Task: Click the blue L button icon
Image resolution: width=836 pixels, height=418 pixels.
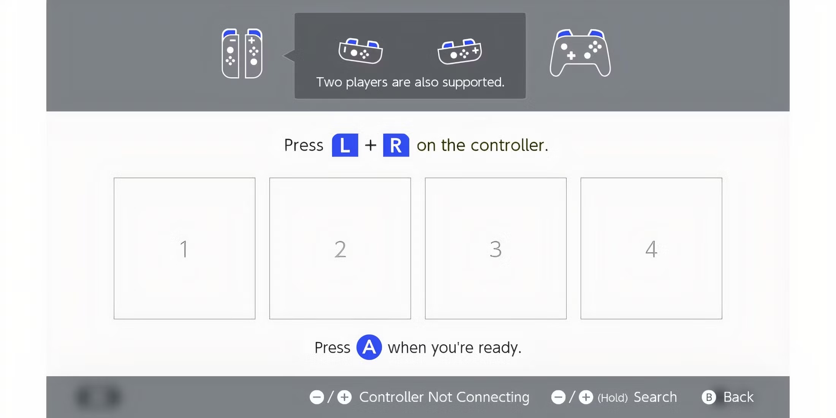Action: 345,145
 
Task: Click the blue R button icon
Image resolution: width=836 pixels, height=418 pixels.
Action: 396,145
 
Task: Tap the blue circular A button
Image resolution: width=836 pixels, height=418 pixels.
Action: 369,347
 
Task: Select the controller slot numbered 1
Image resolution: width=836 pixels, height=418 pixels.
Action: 184,249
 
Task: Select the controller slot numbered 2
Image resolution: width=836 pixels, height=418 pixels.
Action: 340,249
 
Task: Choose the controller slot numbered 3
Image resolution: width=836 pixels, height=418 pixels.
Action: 496,249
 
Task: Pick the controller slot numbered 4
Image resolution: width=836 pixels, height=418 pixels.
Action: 651,249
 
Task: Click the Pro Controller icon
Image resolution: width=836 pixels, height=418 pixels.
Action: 580,53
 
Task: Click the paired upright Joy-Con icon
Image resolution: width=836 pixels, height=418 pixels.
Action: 242,53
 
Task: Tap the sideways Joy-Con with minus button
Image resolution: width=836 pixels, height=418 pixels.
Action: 361,51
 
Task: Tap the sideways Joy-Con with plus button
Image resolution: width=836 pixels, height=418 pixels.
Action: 460,51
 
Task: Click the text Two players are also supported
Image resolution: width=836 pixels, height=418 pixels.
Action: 410,82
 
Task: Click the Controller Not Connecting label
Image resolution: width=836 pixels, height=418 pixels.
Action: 444,397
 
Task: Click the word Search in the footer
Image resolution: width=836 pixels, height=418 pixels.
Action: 655,397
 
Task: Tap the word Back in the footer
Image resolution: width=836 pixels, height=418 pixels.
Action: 738,397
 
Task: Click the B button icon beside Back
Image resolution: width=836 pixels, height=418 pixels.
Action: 709,397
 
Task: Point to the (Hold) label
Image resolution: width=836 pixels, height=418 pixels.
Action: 613,398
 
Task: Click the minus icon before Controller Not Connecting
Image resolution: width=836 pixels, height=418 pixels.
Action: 317,397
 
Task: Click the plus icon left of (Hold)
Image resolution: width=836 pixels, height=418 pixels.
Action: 586,397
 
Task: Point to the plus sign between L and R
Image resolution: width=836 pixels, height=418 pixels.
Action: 370,145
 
